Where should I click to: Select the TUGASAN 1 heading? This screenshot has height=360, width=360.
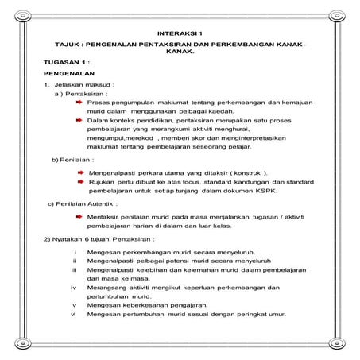click(x=68, y=62)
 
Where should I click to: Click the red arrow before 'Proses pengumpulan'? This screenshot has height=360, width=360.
click(x=80, y=103)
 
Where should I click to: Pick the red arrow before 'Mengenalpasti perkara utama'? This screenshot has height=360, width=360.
click(x=80, y=172)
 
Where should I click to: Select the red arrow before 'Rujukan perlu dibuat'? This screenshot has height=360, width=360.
click(x=80, y=182)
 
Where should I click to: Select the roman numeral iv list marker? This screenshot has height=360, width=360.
click(x=74, y=287)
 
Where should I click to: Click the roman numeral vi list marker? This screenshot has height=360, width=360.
click(x=74, y=315)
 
